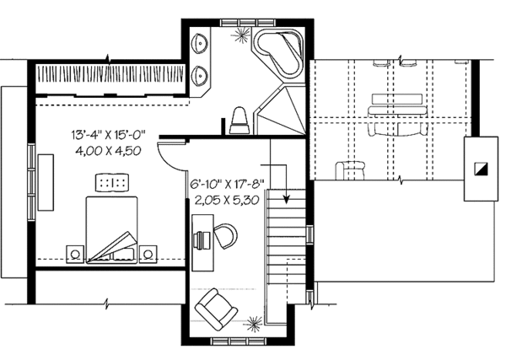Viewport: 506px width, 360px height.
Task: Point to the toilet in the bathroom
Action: tap(239, 118)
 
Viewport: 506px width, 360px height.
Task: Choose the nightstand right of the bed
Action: tap(150, 252)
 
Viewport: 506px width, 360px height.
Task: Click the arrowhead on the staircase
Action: tap(288, 201)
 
